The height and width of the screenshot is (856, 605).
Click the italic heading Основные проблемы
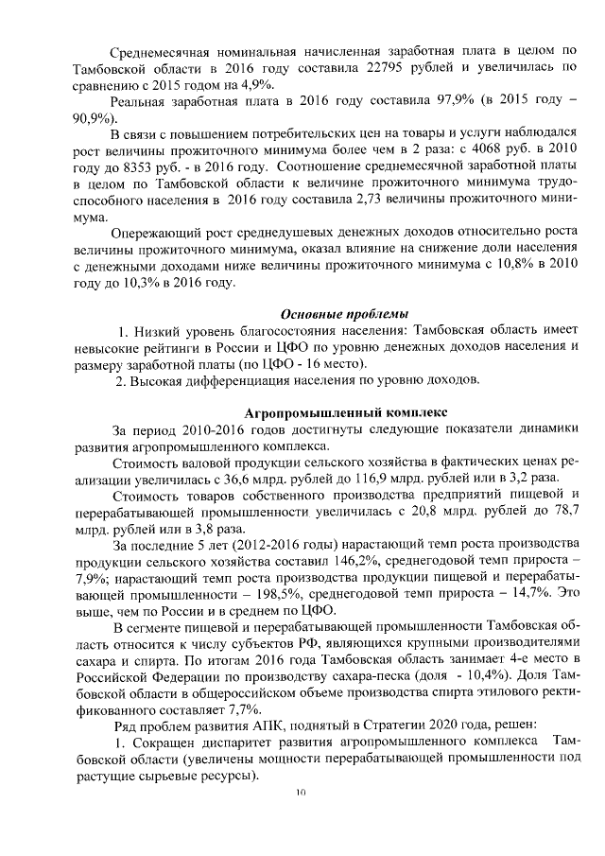[345, 315]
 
